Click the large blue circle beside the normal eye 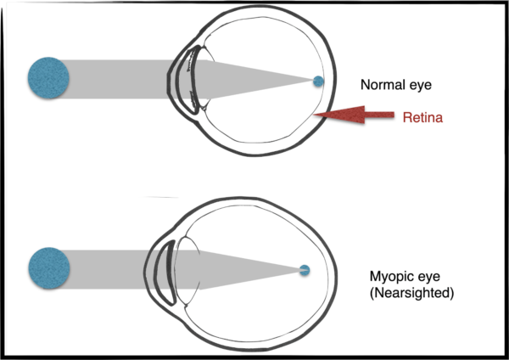48,76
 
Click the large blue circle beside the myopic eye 48,267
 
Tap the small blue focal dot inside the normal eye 318,82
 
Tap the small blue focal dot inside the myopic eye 305,271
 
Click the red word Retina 423,118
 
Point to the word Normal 382,85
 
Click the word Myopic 389,277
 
